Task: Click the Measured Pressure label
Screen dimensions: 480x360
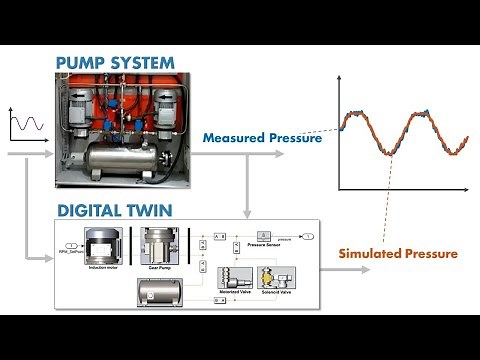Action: click(262, 138)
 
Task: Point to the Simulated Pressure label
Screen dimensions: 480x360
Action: click(398, 253)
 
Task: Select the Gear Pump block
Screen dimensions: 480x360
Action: click(159, 245)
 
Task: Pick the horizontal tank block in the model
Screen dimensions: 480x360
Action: click(157, 292)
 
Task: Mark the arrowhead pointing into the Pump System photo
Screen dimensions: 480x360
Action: click(50, 156)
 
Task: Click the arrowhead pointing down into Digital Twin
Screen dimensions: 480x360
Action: click(246, 210)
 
